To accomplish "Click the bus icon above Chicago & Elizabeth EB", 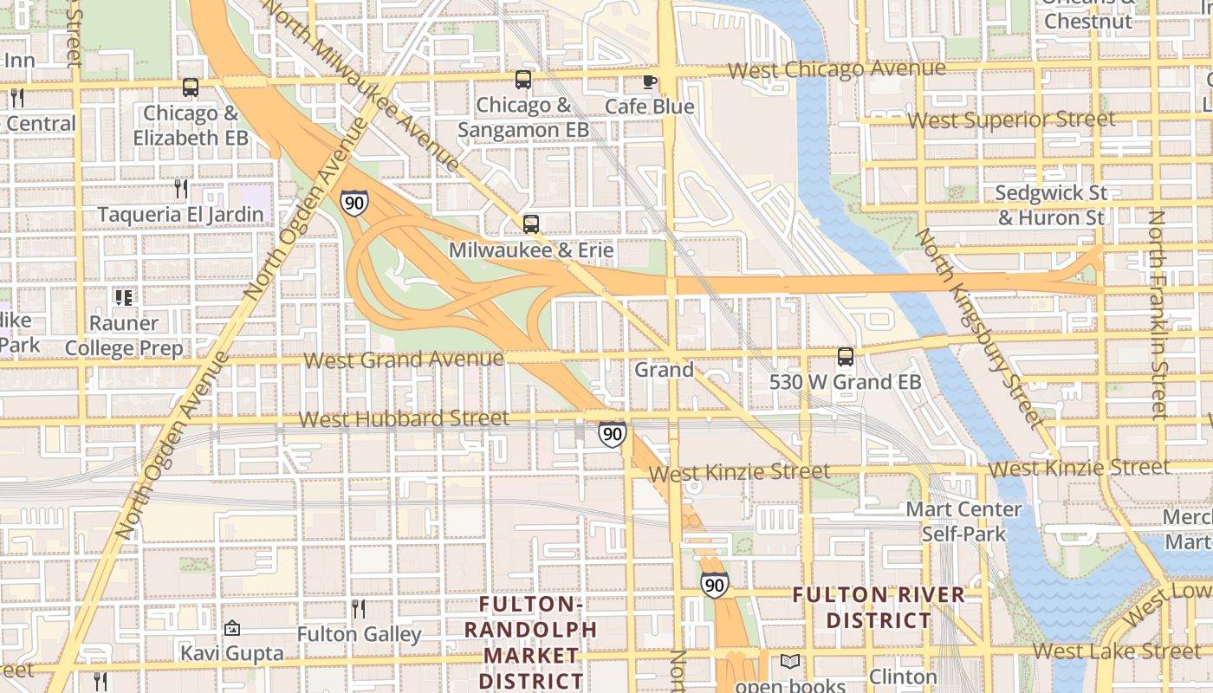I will (191, 87).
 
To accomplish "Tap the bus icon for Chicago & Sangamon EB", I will (523, 80).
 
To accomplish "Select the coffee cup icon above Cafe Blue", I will (649, 81).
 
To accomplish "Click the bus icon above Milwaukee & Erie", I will (531, 224).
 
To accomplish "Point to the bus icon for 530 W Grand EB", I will (845, 356).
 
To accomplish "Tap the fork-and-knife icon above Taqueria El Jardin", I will (180, 188).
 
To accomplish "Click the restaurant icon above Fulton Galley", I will (359, 609).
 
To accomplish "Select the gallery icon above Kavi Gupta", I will (231, 628).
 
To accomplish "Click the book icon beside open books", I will (789, 662).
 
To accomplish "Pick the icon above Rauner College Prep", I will (124, 298).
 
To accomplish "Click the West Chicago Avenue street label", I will (836, 69).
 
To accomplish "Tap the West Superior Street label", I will (1011, 120).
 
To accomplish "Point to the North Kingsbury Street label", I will (978, 327).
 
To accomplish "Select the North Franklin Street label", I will (1158, 315).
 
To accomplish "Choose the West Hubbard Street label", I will (404, 419).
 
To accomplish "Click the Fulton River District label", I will (879, 608).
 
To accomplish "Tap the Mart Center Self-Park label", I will (963, 521).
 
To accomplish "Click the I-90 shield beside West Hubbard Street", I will (612, 434).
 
